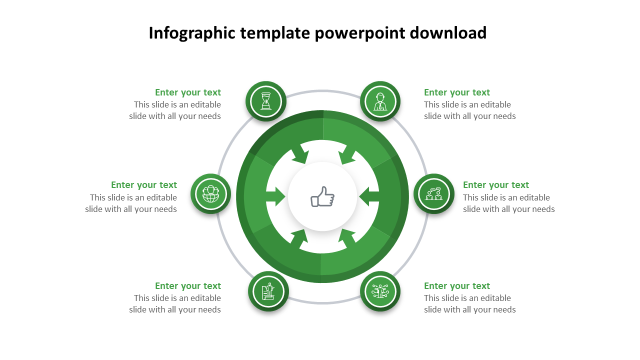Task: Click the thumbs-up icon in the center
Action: [x=322, y=196]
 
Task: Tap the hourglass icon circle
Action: [x=266, y=101]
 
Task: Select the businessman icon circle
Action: [x=380, y=101]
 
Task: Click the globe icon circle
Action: [x=211, y=194]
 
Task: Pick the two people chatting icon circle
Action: [x=434, y=194]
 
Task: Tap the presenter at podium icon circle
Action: [x=268, y=291]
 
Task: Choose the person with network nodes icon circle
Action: [x=380, y=291]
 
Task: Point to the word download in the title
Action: [x=448, y=32]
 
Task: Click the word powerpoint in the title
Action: [x=359, y=33]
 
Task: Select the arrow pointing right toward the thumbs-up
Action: [x=275, y=196]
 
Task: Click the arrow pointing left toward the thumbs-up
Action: [x=369, y=196]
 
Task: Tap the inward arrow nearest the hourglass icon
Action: [x=300, y=154]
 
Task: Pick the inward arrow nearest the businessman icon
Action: [x=346, y=154]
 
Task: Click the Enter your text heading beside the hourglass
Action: [x=187, y=92]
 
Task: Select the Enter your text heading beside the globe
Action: [x=144, y=185]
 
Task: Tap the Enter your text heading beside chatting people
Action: [x=496, y=185]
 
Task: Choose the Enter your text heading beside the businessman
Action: [x=457, y=92]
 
